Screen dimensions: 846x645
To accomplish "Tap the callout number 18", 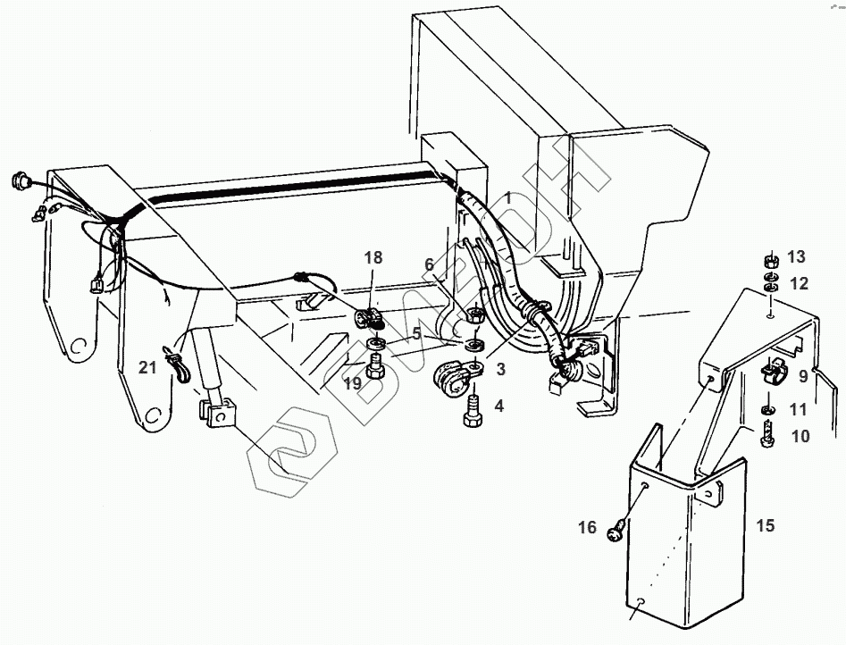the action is click(x=373, y=257).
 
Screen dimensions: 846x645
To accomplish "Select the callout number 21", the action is click(x=147, y=366).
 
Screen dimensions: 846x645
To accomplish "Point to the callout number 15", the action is click(x=766, y=524).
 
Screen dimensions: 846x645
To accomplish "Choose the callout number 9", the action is click(x=802, y=376).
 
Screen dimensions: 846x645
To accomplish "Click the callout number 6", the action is click(x=429, y=264).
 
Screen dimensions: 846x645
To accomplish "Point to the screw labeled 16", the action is click(x=614, y=532).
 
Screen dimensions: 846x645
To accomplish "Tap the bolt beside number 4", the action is click(x=473, y=414).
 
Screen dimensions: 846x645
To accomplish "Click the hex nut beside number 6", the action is click(x=476, y=314).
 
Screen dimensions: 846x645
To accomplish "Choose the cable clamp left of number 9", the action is click(x=770, y=374).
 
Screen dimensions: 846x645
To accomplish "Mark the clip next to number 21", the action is click(x=175, y=364).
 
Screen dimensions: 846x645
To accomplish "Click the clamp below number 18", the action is click(x=370, y=320).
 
